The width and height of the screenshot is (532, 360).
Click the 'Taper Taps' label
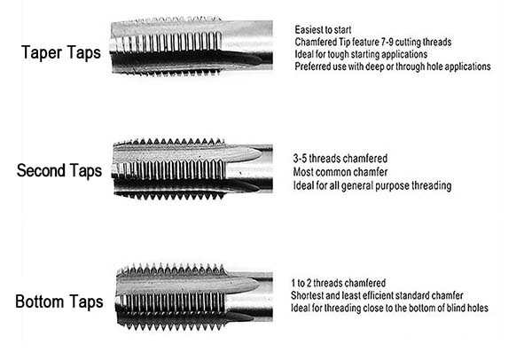(x=61, y=53)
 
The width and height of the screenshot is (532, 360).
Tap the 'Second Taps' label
(x=59, y=170)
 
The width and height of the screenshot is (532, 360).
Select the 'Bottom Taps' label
(x=59, y=301)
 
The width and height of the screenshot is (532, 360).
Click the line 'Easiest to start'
(x=323, y=30)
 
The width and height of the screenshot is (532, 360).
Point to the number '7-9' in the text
(x=385, y=42)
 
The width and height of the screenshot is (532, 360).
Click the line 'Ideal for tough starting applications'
(x=361, y=54)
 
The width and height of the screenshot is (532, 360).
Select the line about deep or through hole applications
(x=393, y=67)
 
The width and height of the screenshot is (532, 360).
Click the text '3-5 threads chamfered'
(x=340, y=159)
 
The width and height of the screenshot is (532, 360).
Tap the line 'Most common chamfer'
(x=340, y=172)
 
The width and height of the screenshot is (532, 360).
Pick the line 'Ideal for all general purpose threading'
(x=372, y=186)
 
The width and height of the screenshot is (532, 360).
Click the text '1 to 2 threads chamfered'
(x=339, y=283)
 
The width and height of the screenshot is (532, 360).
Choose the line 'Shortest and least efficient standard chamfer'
(x=377, y=295)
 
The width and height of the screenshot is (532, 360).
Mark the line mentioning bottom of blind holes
(x=389, y=308)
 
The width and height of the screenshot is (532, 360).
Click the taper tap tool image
(x=192, y=46)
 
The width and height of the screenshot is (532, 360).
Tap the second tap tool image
(x=192, y=168)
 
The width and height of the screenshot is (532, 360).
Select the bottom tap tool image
(x=194, y=297)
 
